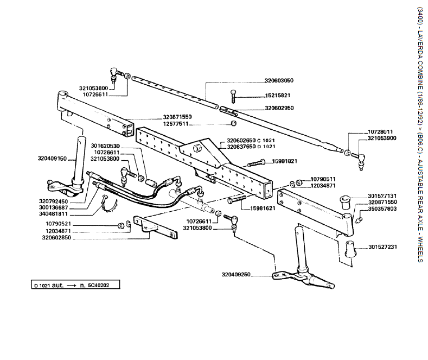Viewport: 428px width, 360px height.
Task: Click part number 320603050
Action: click(x=279, y=80)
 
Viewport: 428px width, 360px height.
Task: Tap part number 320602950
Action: click(x=279, y=108)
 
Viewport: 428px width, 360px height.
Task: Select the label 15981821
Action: click(x=284, y=161)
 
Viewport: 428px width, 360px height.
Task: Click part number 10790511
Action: click(x=323, y=179)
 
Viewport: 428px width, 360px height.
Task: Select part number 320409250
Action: click(x=236, y=275)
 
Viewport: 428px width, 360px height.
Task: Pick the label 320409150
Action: click(x=52, y=159)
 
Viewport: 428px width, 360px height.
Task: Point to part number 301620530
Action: click(x=105, y=146)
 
